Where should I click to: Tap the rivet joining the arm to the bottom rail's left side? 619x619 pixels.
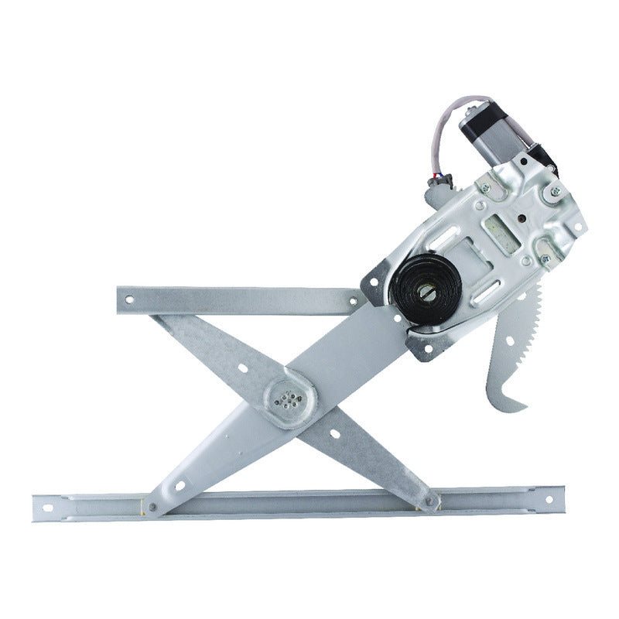tap(152, 508)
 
